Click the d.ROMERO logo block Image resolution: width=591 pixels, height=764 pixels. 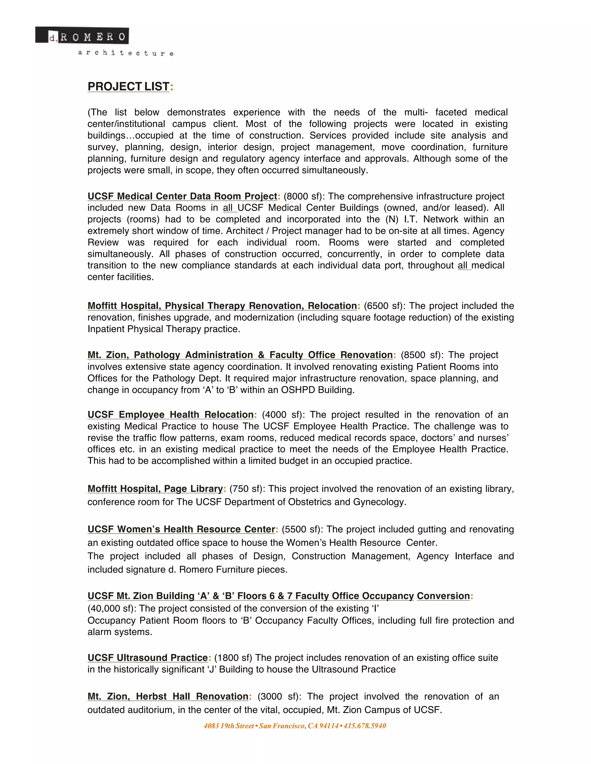point(82,36)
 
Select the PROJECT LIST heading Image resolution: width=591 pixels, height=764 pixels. point(128,86)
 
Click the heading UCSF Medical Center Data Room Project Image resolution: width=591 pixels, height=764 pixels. point(182,196)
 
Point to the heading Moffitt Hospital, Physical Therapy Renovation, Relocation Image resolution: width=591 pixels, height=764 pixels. point(222,306)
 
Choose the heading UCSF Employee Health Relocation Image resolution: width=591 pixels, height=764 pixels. point(171,415)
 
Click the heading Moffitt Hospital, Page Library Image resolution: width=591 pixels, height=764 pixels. point(155,489)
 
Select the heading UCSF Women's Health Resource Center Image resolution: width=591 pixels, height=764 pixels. point(181,529)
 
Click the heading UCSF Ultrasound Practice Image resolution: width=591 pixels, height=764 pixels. point(147,658)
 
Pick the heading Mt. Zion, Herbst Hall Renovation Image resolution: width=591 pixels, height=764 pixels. point(168,697)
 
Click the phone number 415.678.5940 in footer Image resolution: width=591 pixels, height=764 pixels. point(364,726)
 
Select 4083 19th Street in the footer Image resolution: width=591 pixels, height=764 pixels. point(229,726)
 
